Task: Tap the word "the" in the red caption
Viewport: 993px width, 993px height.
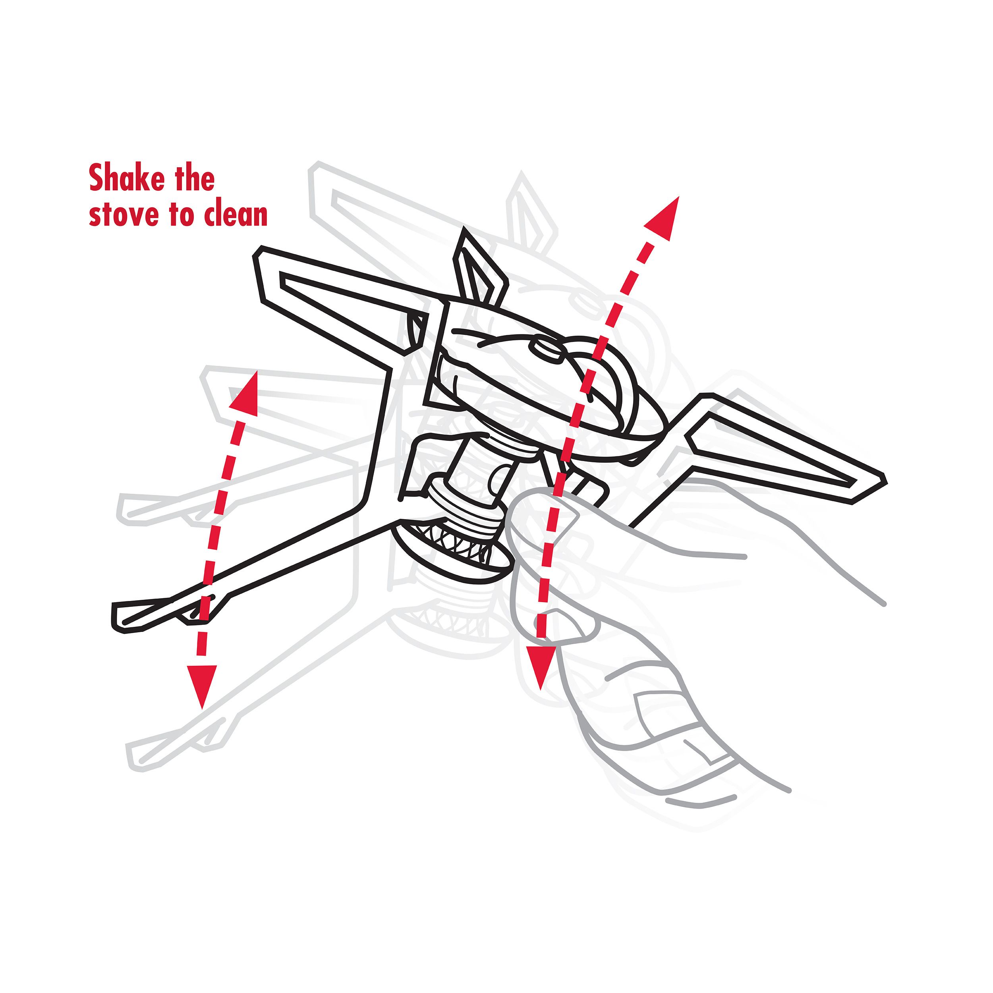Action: (x=194, y=178)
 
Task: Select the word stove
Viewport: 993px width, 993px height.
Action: (x=124, y=214)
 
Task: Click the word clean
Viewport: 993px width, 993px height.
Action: (x=236, y=214)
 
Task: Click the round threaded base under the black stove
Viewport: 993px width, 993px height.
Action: (x=452, y=550)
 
